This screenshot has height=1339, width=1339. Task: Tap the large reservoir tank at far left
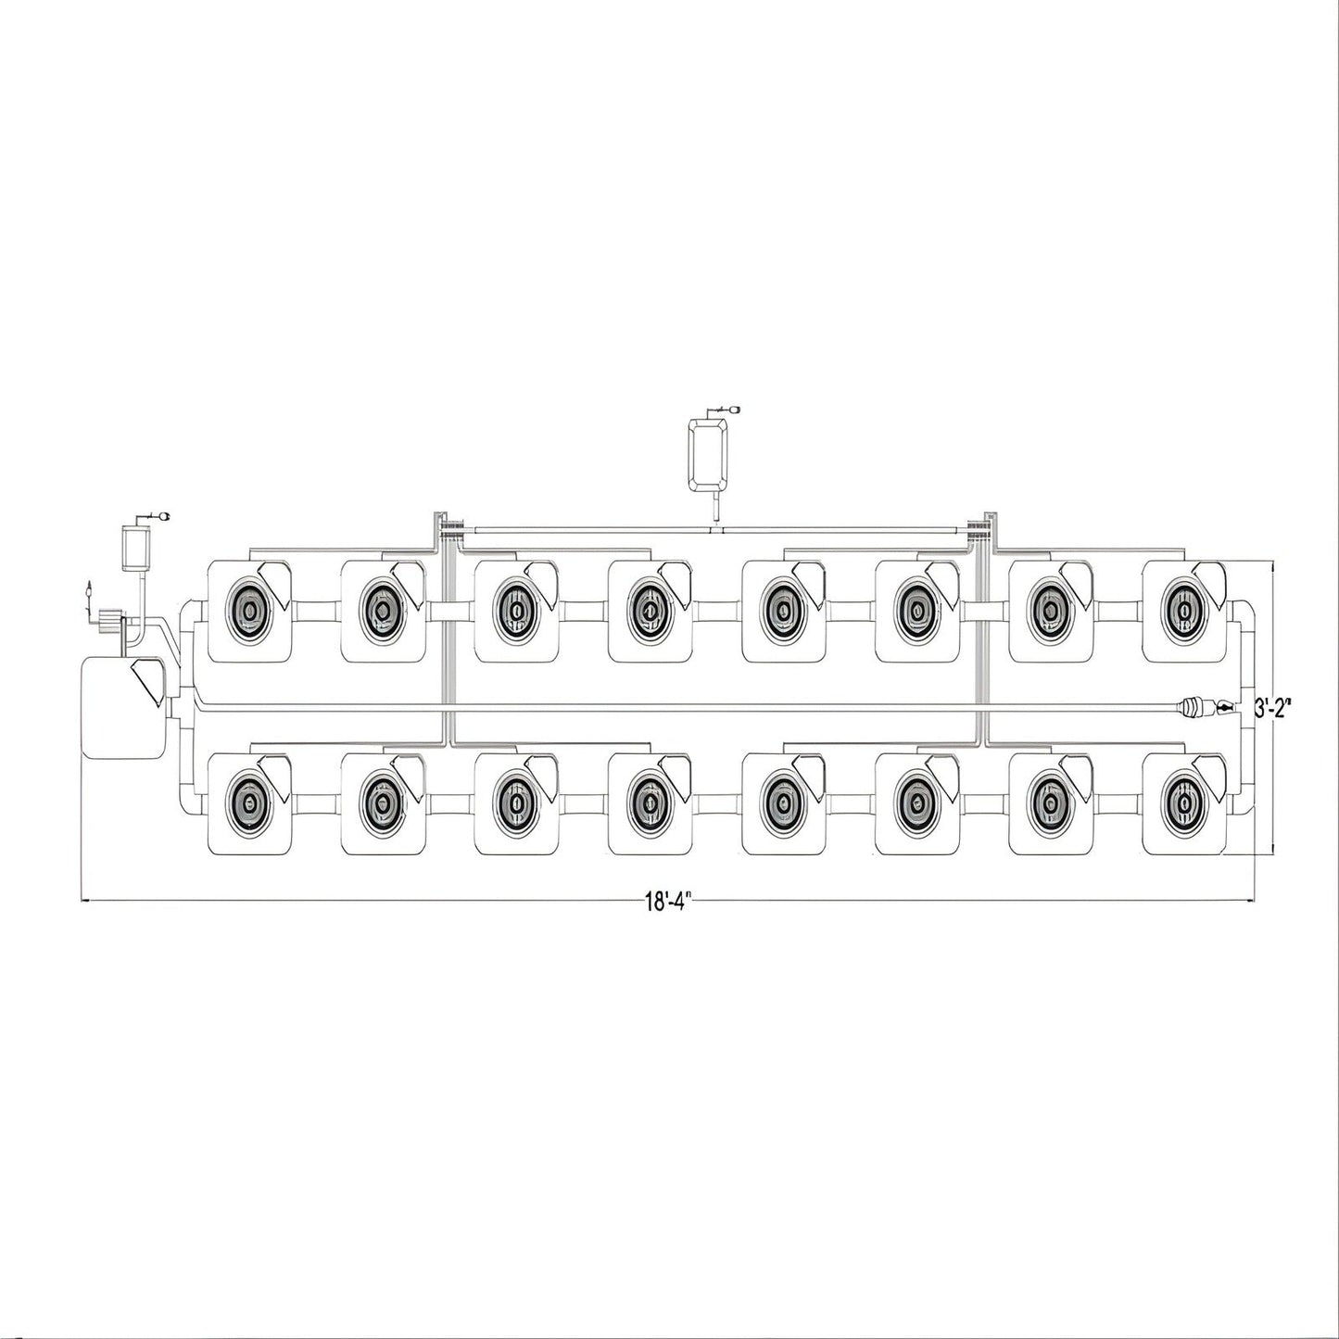[124, 707]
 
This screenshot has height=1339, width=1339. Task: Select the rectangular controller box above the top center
[709, 454]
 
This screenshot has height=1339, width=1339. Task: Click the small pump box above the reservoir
[136, 549]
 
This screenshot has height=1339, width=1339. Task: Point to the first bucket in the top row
[249, 612]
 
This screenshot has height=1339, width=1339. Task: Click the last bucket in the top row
[1183, 612]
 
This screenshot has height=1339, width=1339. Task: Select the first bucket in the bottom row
[249, 803]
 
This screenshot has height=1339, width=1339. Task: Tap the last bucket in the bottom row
[1183, 803]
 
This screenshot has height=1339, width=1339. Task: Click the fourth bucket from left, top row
[650, 612]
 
